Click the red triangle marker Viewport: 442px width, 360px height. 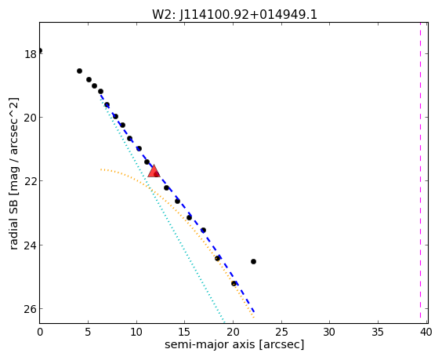tap(154, 172)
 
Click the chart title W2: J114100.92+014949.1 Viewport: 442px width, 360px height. tap(234, 15)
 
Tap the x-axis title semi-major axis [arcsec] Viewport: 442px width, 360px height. tap(234, 344)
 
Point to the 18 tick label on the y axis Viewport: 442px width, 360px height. tap(31, 54)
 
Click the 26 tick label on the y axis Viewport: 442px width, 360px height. tap(31, 309)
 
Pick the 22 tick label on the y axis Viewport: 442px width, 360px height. tap(31, 181)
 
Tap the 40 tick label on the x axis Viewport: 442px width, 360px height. tap(426, 332)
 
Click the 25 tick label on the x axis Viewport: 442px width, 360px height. tap(281, 332)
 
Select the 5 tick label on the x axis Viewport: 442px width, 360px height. tap(89, 332)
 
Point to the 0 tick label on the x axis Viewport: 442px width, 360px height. tap(40, 332)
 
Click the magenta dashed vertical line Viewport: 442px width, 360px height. tap(420, 173)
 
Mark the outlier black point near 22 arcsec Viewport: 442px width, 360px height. tap(253, 261)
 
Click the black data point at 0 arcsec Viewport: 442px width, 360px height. tap(40, 51)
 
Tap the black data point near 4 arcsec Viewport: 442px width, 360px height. tap(79, 71)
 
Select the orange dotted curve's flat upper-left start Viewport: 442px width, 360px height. tap(101, 169)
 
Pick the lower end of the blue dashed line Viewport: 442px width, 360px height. tap(254, 312)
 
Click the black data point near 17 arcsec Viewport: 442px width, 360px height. tap(203, 231)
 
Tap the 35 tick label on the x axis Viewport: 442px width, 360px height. tap(378, 332)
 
